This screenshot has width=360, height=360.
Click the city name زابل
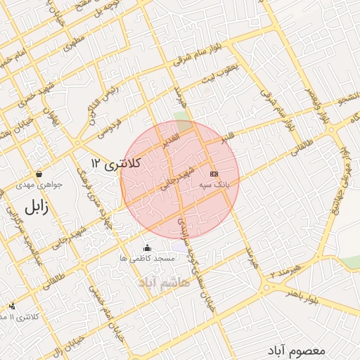pos(34,207)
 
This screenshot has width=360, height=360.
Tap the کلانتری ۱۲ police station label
pos(116,164)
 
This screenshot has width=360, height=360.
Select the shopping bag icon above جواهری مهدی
pos(39,174)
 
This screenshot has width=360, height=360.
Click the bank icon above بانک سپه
pos(214,173)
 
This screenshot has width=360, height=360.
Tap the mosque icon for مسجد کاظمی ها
pos(147,247)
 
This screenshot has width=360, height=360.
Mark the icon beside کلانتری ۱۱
pos(12,306)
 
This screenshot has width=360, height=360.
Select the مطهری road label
pos(72,43)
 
